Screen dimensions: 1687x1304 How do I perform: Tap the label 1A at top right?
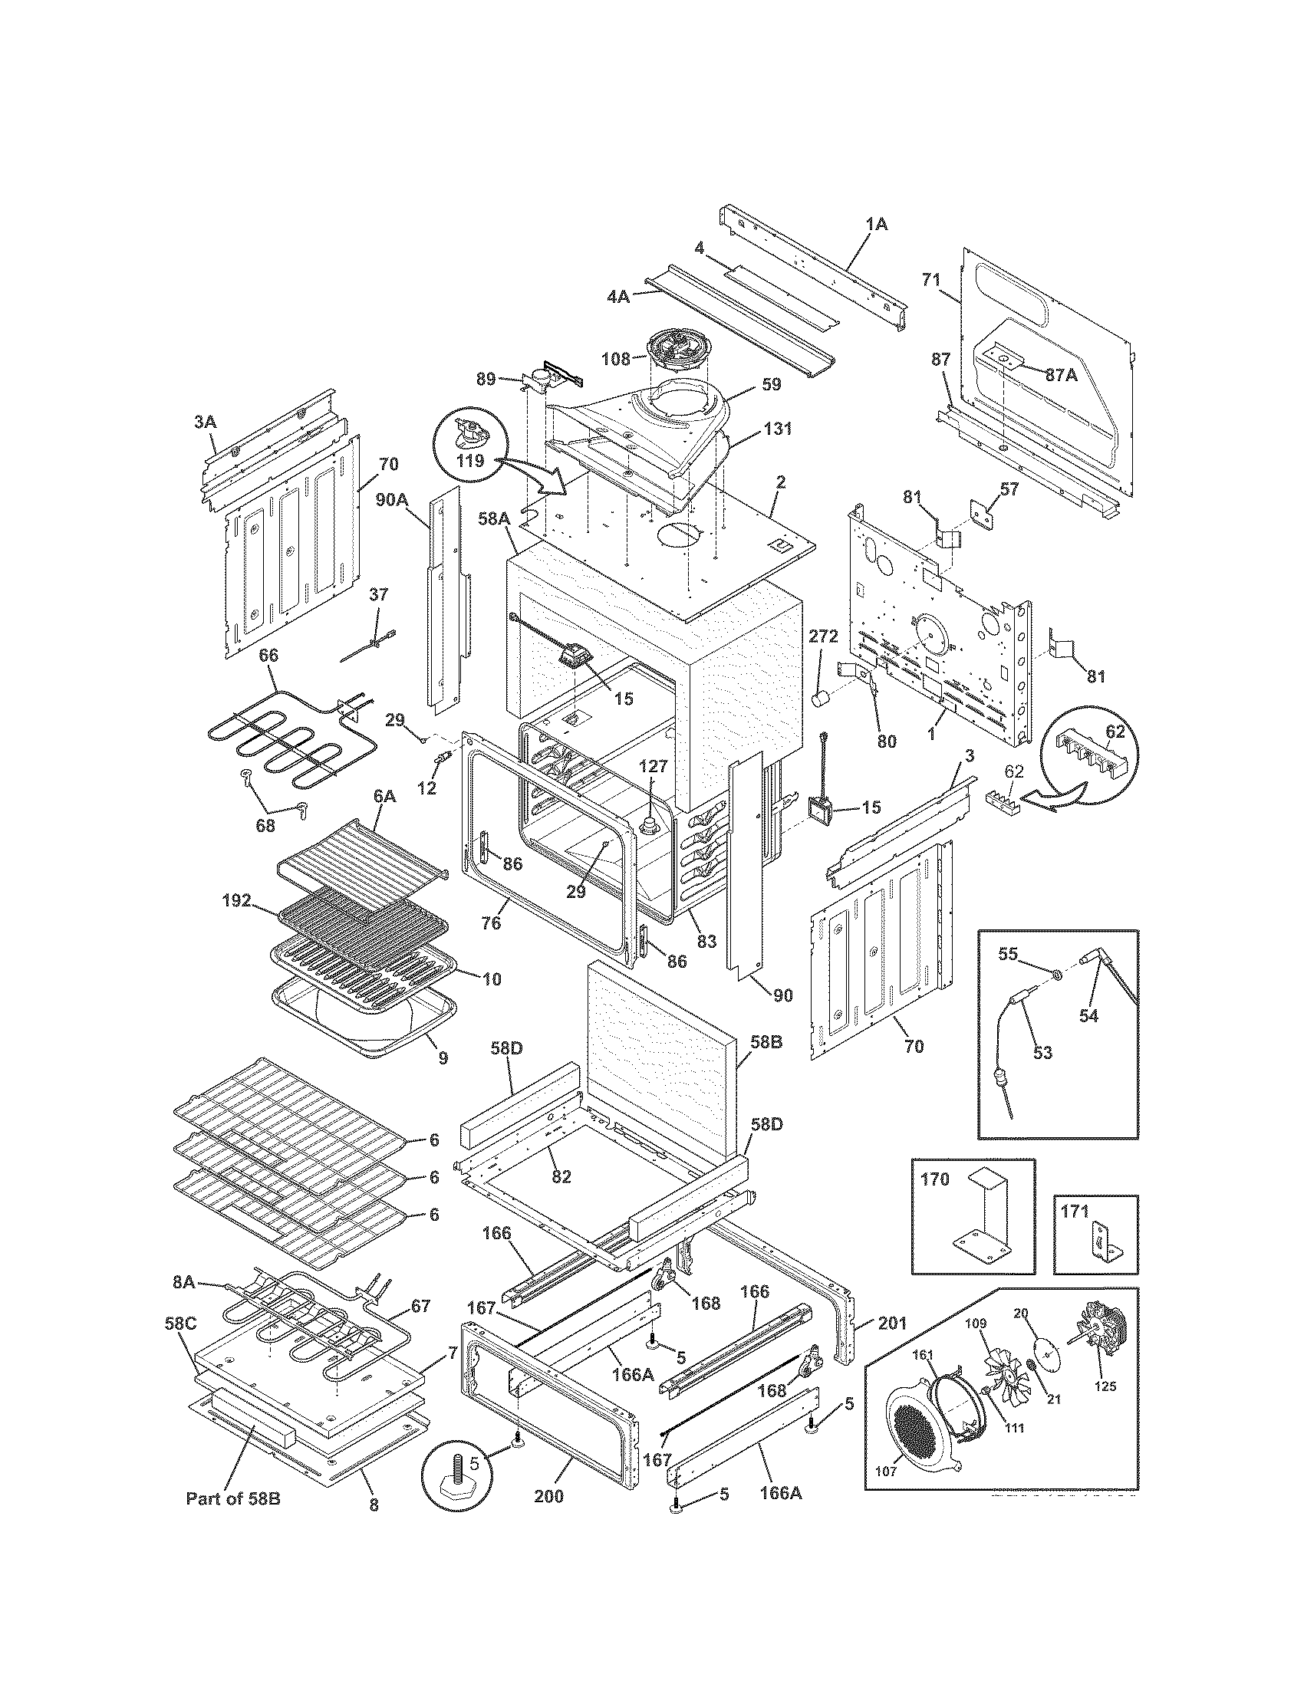(x=876, y=225)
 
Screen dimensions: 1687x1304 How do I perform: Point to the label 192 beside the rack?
(x=236, y=900)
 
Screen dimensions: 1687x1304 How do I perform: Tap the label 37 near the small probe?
(x=378, y=595)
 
